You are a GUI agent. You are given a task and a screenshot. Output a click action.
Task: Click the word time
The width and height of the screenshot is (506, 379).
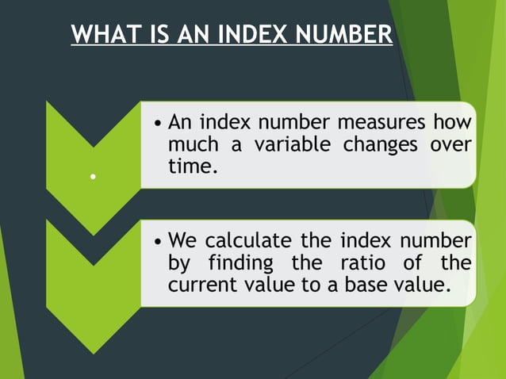[190, 167]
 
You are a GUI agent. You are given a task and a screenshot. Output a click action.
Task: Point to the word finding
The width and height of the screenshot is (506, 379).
[259, 262]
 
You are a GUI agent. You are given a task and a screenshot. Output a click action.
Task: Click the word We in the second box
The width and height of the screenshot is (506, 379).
[182, 240]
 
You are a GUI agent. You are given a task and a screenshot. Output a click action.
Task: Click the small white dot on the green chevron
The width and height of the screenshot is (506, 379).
[93, 177]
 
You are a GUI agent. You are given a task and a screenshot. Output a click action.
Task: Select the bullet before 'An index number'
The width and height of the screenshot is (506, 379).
[159, 124]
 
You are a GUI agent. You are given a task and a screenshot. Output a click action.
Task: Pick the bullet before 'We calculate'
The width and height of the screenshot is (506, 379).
[159, 241]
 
